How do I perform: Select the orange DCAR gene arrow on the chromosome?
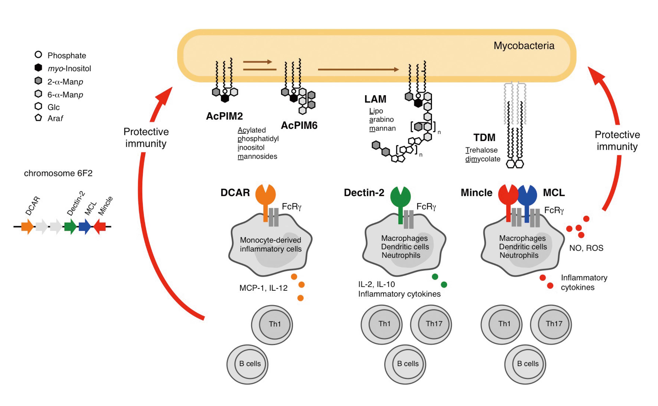tap(27, 227)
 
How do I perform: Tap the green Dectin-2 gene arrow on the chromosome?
tap(70, 227)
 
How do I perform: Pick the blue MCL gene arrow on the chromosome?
tap(85, 227)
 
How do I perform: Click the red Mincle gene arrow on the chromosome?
tap(99, 227)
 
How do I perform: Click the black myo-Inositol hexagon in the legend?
tap(38, 68)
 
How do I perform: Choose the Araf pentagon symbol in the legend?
tap(38, 118)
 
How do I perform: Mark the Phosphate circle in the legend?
tap(38, 55)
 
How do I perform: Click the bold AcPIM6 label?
tap(299, 125)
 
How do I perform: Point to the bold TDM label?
tap(484, 137)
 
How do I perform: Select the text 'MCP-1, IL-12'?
tap(263, 288)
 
